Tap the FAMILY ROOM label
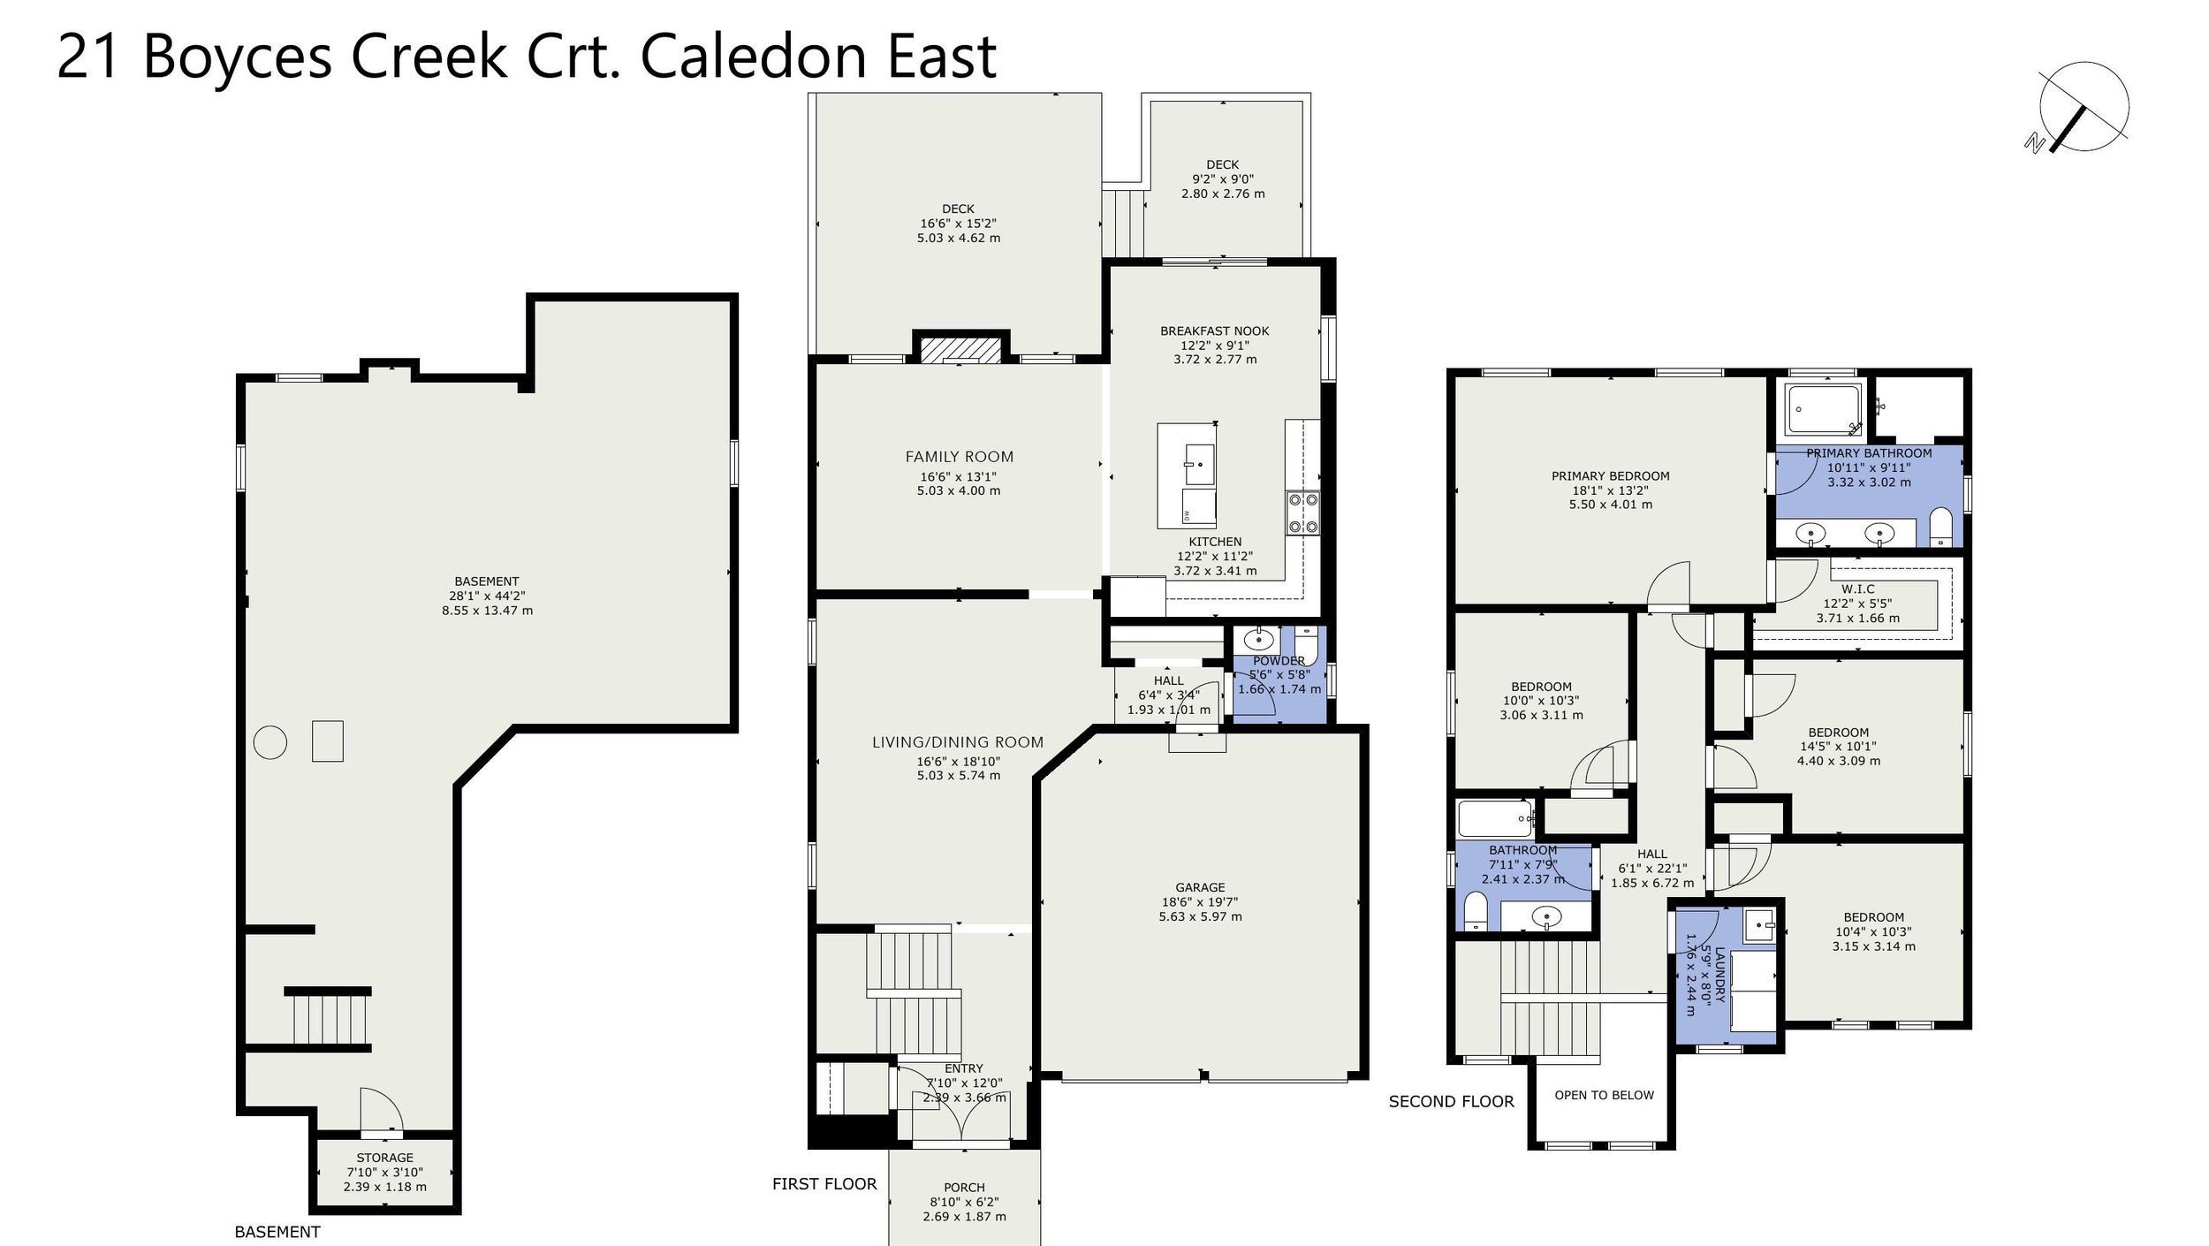[959, 457]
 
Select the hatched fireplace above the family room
[960, 350]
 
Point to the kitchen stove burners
[1302, 513]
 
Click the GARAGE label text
[1200, 887]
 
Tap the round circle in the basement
[270, 742]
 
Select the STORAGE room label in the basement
[384, 1158]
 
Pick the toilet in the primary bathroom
[1940, 527]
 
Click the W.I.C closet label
[1858, 589]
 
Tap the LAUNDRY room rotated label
[1719, 975]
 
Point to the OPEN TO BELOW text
[1604, 1095]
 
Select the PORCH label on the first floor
[964, 1188]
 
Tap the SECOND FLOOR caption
[1451, 1102]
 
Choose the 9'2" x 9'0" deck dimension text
[1223, 179]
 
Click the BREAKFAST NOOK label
[1215, 331]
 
